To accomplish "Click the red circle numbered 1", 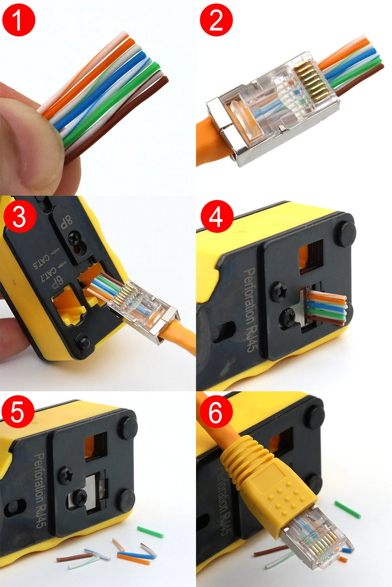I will pyautogui.click(x=18, y=20).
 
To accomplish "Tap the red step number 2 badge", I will pyautogui.click(x=216, y=20).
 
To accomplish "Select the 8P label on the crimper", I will pyautogui.click(x=66, y=222).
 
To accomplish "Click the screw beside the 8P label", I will pyautogui.click(x=74, y=238).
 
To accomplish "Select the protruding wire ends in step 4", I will pyautogui.click(x=327, y=309).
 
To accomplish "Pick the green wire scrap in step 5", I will pyautogui.click(x=150, y=532).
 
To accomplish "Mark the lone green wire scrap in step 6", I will pyautogui.click(x=347, y=509).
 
